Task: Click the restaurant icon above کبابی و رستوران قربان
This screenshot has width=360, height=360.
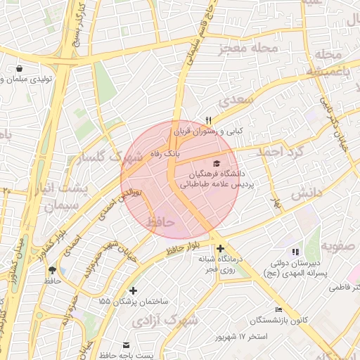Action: click(x=208, y=120)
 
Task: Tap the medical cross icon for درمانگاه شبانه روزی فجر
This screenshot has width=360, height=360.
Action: click(x=221, y=248)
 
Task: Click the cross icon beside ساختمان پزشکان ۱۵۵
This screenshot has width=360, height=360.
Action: click(x=133, y=290)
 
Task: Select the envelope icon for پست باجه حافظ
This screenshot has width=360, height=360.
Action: click(x=127, y=345)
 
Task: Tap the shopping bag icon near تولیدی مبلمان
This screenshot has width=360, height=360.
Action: click(x=20, y=69)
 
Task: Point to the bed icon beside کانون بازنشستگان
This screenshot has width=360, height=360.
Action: click(x=279, y=309)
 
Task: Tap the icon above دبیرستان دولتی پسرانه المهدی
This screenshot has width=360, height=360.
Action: click(x=295, y=251)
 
